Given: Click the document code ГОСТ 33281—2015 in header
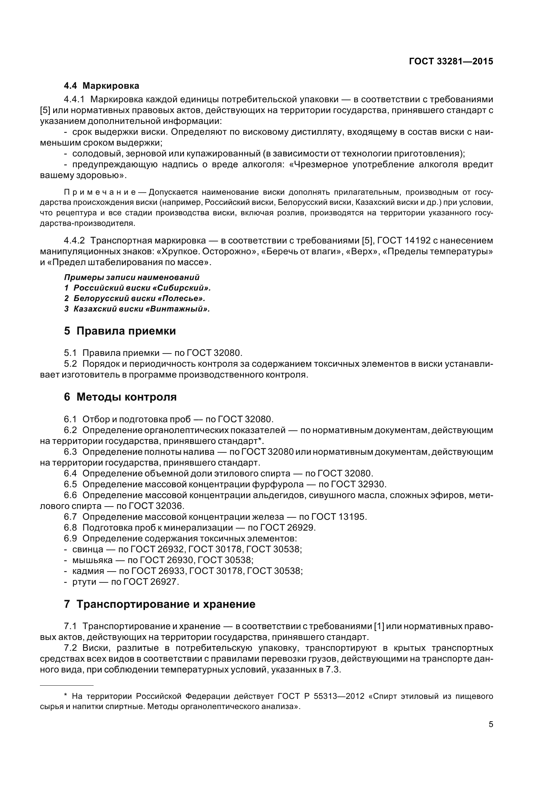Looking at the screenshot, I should click(x=451, y=61).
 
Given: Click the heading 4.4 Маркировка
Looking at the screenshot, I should click(x=101, y=86).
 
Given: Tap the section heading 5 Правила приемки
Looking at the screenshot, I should click(x=120, y=331).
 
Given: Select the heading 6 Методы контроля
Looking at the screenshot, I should click(x=120, y=397).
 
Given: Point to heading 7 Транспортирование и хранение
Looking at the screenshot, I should click(x=160, y=604).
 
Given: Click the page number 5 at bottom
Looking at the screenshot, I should click(x=491, y=724).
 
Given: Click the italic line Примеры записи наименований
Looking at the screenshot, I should click(x=132, y=277).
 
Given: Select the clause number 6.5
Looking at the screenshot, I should click(x=70, y=484).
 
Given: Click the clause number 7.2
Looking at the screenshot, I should click(x=70, y=648).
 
